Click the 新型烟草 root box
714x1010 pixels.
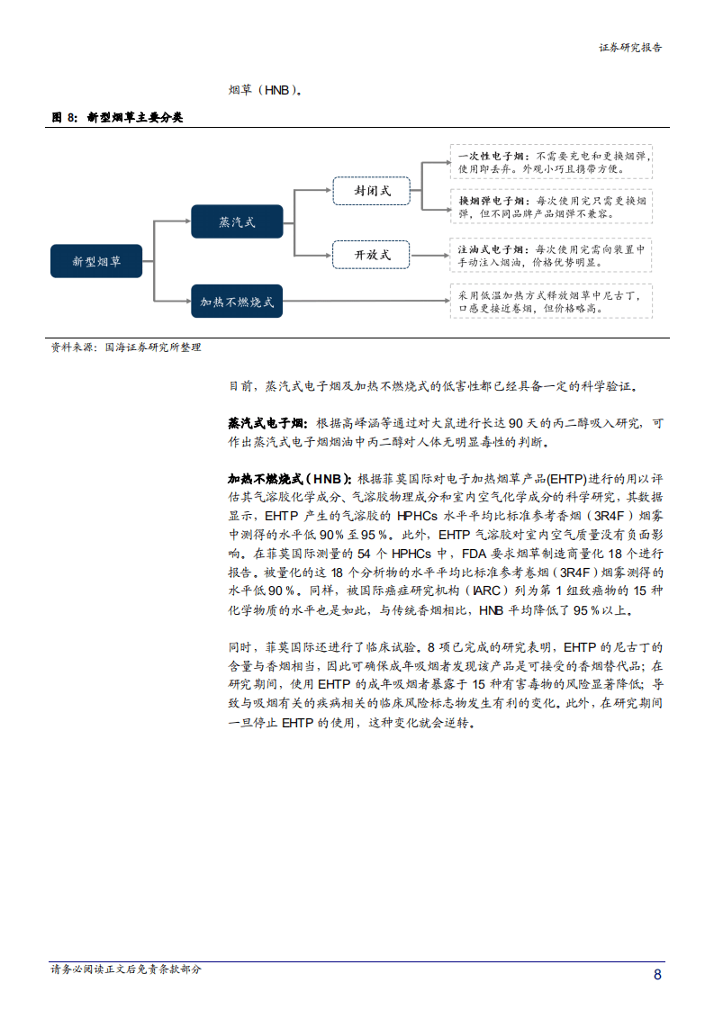pyautogui.click(x=96, y=261)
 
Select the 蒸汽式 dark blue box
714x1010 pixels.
pyautogui.click(x=237, y=221)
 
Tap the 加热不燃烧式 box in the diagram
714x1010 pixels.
pyautogui.click(x=237, y=302)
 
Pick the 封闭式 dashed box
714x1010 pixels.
pyautogui.click(x=370, y=191)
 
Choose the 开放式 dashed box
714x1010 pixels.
pyautogui.click(x=370, y=255)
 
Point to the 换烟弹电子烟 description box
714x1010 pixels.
pyautogui.click(x=551, y=208)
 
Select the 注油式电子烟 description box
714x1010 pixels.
pyautogui.click(x=551, y=255)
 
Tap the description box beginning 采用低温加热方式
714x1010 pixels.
pyautogui.click(x=551, y=301)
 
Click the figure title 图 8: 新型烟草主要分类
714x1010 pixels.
pyautogui.click(x=116, y=117)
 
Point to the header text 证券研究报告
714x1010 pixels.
pyautogui.click(x=630, y=48)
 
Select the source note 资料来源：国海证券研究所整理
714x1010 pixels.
pyautogui.click(x=126, y=347)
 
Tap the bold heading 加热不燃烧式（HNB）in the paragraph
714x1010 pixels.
pyautogui.click(x=290, y=479)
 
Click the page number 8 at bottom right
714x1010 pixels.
pyautogui.click(x=657, y=975)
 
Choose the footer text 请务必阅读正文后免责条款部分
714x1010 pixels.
pyautogui.click(x=126, y=969)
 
